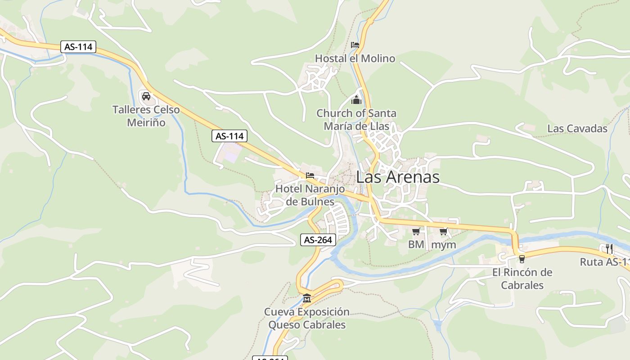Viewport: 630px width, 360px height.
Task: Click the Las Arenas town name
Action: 398,177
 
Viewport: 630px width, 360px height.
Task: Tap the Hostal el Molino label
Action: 355,58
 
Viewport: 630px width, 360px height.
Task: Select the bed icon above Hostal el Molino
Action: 355,45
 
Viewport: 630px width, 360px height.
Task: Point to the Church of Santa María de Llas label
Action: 356,120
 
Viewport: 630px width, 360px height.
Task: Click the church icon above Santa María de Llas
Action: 356,99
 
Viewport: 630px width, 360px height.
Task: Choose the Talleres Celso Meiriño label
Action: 146,116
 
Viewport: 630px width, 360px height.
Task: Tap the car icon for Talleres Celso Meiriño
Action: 146,96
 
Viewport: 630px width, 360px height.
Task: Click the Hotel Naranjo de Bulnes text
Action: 310,195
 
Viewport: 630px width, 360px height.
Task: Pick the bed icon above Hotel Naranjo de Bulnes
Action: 310,175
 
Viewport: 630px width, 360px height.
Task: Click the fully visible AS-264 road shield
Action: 318,240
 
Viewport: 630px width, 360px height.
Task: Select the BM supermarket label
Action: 416,245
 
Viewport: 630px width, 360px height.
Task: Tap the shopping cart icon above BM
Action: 416,232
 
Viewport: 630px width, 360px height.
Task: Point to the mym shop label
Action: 444,245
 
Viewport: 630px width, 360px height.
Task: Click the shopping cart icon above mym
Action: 444,232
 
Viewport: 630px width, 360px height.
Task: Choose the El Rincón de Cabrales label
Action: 522,279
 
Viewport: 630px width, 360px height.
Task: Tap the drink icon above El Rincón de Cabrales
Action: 522,259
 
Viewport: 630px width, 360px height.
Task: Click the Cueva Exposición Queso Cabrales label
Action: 307,318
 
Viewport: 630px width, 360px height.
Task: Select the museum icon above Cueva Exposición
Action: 307,298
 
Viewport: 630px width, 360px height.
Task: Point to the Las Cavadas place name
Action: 577,129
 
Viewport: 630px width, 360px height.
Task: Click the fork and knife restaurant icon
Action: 609,248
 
